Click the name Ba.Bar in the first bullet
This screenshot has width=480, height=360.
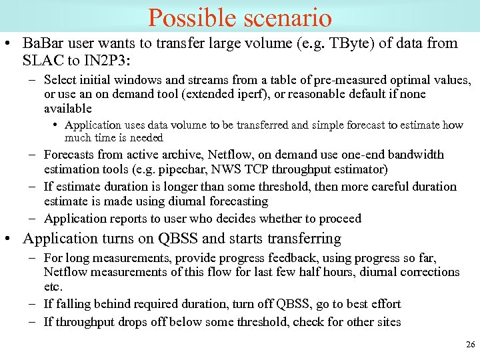[x=42, y=43]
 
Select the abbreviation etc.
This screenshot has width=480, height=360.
[x=53, y=287]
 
